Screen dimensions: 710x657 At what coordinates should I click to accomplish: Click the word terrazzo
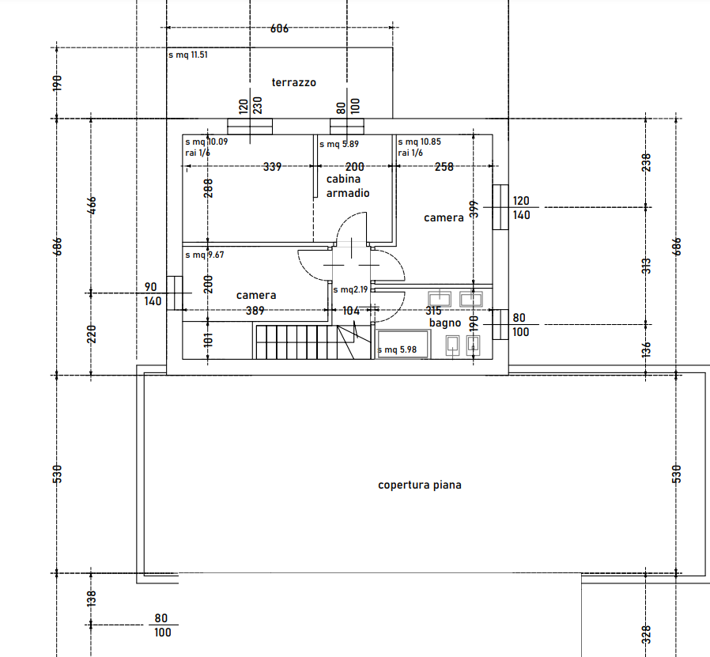293,82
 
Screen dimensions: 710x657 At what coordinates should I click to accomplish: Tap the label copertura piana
420,485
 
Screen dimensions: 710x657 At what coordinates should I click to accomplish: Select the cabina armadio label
348,186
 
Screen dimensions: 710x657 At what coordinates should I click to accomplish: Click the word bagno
445,323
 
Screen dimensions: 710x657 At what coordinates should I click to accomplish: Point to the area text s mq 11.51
188,55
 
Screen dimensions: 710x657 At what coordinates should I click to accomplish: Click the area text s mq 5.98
397,349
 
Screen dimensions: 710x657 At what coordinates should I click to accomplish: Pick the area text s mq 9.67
205,255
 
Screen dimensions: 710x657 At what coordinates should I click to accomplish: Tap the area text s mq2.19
350,290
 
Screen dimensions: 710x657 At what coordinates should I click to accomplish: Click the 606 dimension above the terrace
279,28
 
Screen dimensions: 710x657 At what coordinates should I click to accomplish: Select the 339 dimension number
272,167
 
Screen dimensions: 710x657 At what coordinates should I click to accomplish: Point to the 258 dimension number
444,167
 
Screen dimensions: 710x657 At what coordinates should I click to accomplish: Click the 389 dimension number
255,311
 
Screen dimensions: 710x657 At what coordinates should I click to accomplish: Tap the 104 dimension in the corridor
351,311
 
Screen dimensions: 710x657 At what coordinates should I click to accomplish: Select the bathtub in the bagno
403,345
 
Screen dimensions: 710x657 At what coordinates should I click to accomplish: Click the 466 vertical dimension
92,205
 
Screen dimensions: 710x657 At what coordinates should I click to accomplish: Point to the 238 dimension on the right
646,163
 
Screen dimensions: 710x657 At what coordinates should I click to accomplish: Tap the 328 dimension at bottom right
646,634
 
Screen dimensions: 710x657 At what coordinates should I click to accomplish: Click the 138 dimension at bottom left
92,598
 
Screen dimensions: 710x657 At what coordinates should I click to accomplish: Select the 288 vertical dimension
208,188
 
